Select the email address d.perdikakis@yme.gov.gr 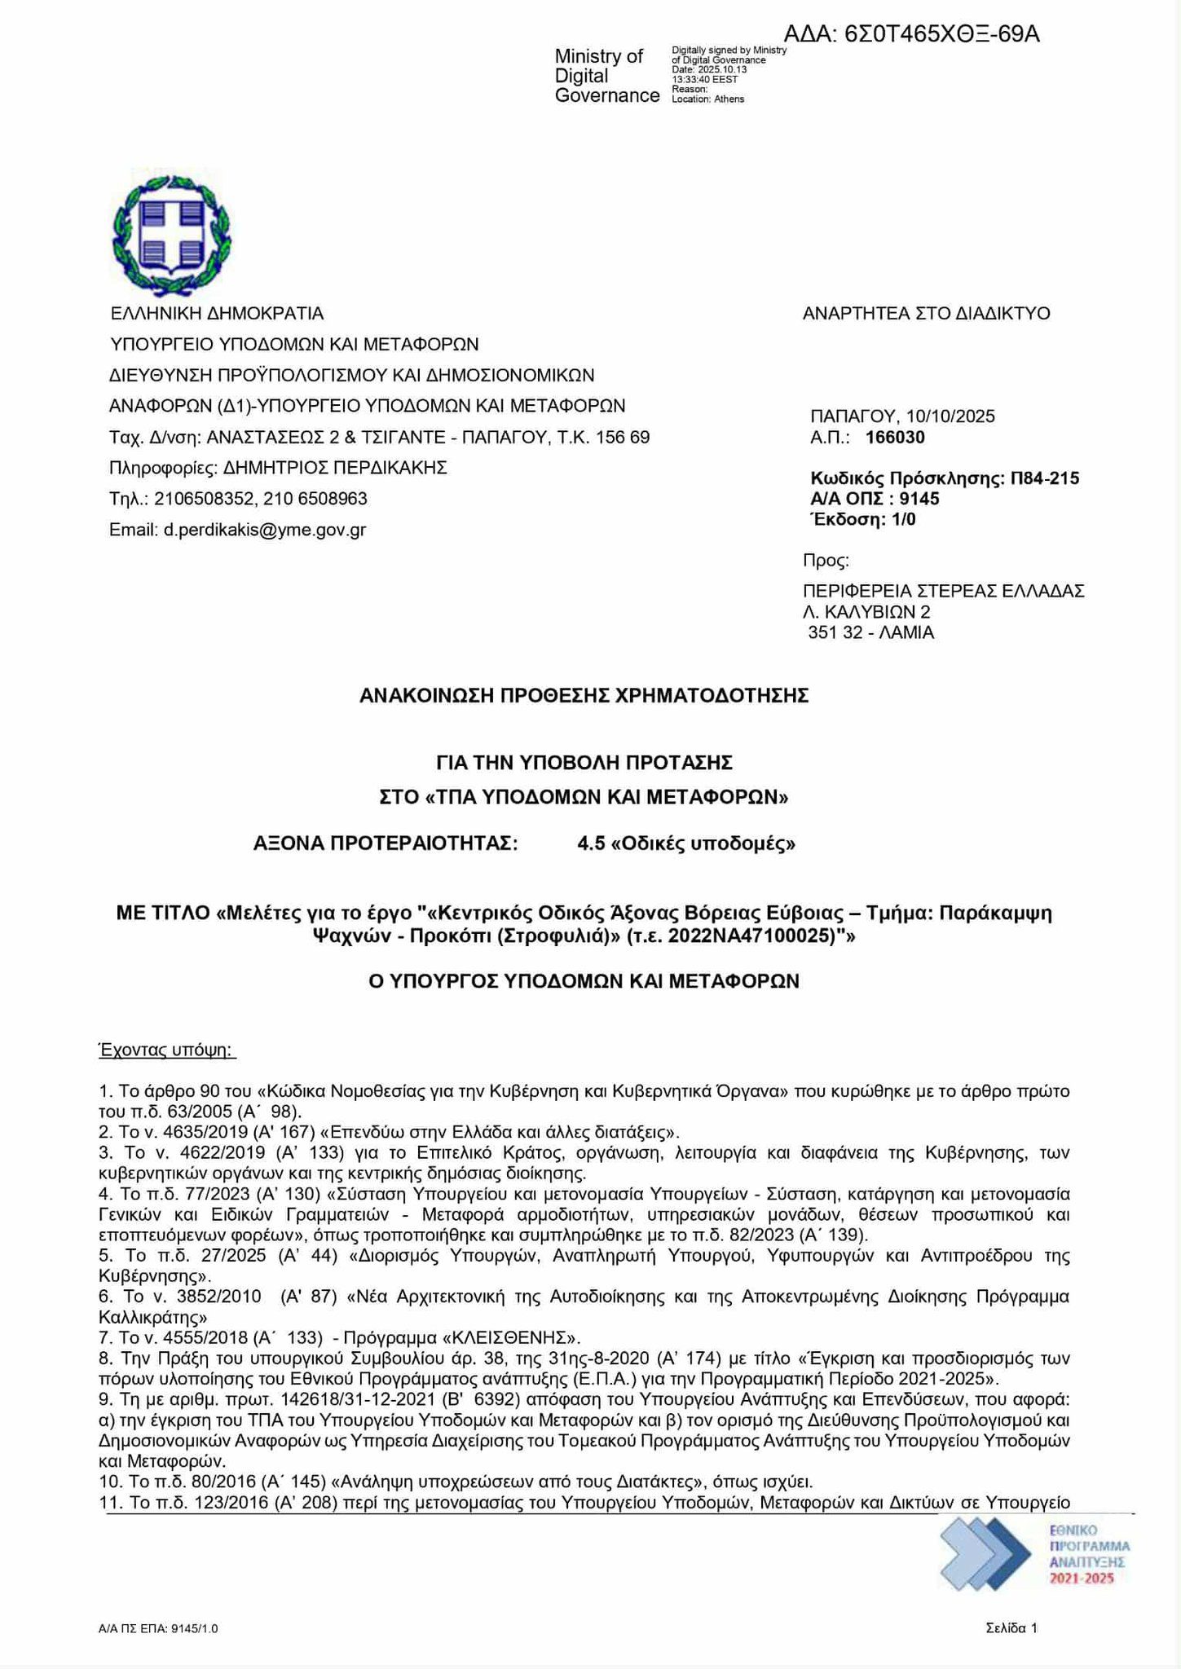264,531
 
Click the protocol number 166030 895,438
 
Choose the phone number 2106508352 196,499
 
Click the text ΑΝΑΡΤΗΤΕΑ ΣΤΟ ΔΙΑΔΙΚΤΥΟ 927,314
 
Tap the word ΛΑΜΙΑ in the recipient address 901,632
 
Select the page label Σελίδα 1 1011,1628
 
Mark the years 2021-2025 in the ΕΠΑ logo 1081,1579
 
